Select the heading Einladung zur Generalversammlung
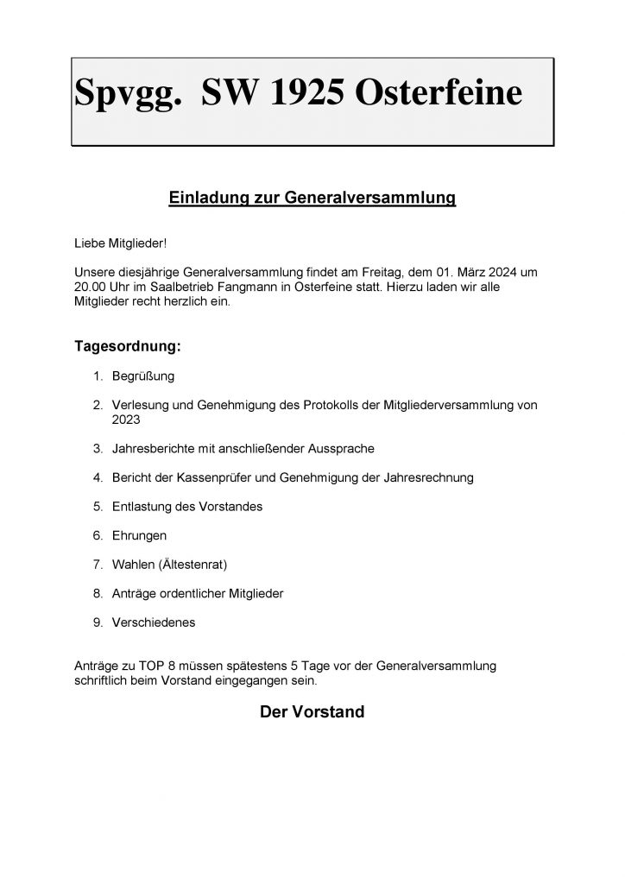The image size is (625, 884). [x=312, y=199]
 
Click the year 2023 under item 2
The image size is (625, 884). [x=125, y=420]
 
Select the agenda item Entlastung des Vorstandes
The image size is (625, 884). [x=186, y=507]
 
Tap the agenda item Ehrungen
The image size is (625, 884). [x=139, y=536]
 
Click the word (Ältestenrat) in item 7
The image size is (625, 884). [x=199, y=565]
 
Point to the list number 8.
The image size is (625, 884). [x=98, y=594]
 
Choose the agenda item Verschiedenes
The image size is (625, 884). [x=154, y=622]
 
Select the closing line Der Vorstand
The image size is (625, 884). [x=312, y=713]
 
